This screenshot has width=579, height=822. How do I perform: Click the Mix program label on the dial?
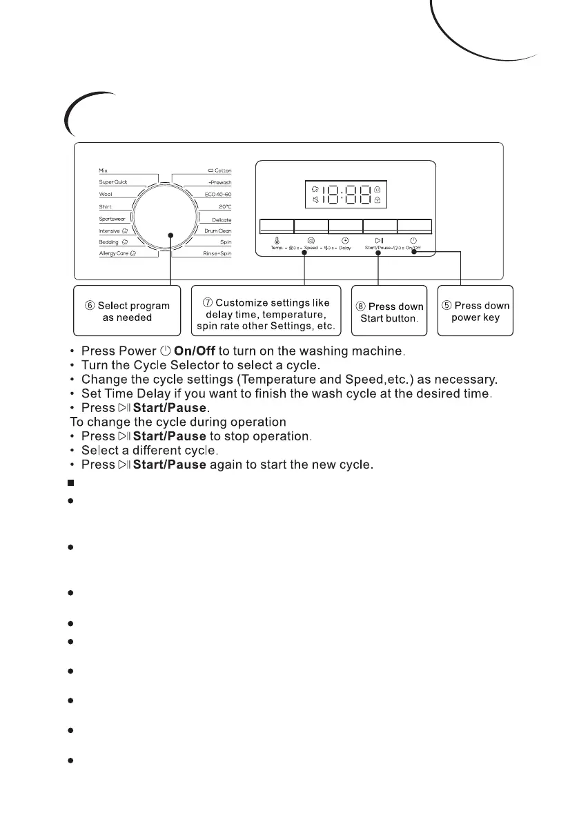104,170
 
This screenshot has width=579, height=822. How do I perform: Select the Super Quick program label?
113,182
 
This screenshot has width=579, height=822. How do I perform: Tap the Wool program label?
106,195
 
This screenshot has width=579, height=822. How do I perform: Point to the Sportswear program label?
112,219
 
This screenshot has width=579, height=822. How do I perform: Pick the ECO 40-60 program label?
218,195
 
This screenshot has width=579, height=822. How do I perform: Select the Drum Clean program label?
217,231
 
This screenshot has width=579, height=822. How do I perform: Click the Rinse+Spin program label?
217,254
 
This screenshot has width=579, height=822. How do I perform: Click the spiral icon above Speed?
311,240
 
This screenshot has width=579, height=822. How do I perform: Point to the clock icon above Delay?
345,240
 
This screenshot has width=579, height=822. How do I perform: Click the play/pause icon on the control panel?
379,240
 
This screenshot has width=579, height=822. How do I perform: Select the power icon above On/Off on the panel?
413,240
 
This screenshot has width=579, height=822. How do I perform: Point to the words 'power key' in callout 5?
475,318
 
